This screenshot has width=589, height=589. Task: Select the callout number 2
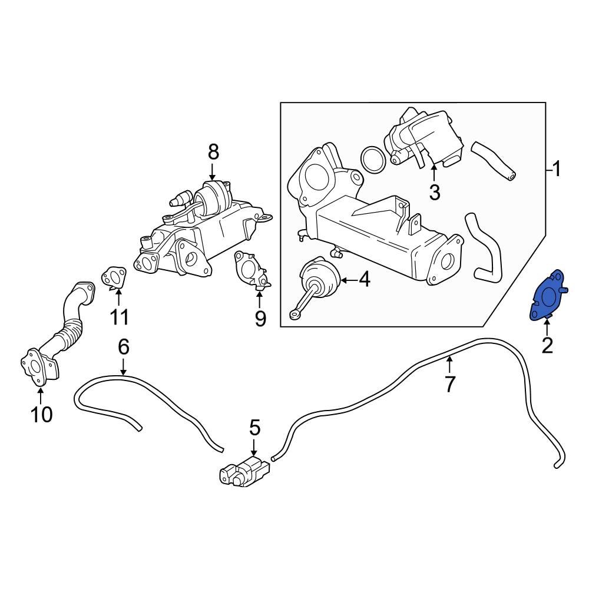click(x=547, y=346)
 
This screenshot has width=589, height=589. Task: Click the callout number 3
click(x=434, y=192)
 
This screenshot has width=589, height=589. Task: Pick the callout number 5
click(x=254, y=428)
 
